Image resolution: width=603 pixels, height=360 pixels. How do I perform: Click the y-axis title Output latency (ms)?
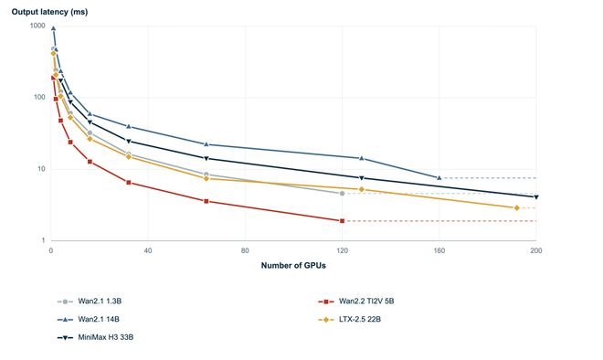coord(49,12)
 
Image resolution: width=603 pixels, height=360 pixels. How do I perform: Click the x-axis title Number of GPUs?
coord(293,265)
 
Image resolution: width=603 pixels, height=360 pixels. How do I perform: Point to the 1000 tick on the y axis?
coord(37,26)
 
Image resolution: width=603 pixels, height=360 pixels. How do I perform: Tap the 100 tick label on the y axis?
coord(39,97)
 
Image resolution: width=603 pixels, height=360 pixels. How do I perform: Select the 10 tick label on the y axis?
coord(41,169)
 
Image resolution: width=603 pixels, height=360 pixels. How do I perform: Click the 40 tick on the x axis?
coord(148,250)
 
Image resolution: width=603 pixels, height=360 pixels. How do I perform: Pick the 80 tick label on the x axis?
coord(245,250)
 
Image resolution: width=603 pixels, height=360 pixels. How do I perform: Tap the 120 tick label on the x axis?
coord(342,250)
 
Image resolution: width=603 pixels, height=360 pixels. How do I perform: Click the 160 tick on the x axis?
coord(439,250)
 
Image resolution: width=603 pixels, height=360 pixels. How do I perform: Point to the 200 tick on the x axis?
coord(536,250)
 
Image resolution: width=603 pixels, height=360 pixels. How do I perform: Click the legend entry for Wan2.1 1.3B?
coord(90,302)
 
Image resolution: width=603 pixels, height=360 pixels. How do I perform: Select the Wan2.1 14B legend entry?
coord(89,319)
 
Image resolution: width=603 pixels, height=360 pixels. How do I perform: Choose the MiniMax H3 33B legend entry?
coord(95,337)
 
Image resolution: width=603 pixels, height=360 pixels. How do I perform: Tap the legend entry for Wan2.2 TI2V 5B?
coord(356,302)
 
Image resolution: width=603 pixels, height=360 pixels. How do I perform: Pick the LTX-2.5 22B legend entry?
coord(350,319)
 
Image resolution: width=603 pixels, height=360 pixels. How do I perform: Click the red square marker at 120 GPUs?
coord(343,221)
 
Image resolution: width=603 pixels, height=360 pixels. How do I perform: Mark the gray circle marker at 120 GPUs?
coord(343,194)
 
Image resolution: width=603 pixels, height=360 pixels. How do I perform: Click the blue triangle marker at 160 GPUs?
coord(439,177)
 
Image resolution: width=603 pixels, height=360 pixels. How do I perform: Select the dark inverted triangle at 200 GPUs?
coord(536,197)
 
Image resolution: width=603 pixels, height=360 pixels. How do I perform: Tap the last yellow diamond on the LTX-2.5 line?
coord(517,207)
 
